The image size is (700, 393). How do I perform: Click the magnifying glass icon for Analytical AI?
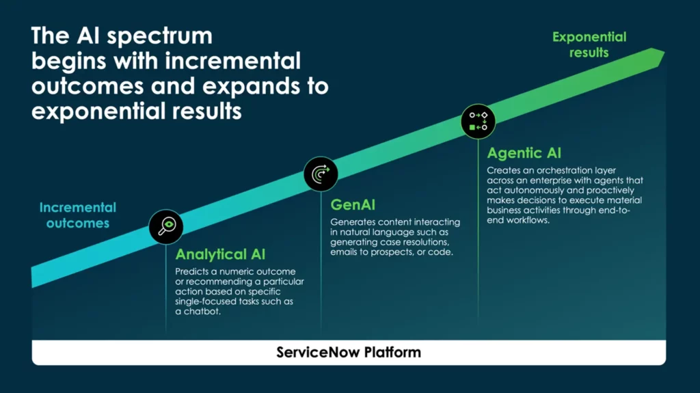(x=166, y=226)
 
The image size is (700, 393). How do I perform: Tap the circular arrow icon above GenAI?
(x=321, y=174)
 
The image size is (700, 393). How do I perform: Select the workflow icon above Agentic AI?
(x=478, y=121)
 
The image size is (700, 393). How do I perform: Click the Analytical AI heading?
(x=220, y=254)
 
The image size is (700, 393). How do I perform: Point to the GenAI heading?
(x=353, y=205)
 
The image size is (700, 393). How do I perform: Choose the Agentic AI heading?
(x=524, y=153)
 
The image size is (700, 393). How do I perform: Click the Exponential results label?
(x=589, y=44)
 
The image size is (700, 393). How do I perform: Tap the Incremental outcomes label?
(x=78, y=215)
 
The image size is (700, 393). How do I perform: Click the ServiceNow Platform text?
(x=349, y=353)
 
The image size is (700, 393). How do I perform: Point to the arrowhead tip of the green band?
(x=664, y=53)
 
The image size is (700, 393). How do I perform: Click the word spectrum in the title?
(x=159, y=36)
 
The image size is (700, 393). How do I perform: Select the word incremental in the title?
(x=232, y=61)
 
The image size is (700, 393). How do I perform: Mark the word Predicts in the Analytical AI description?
(x=191, y=271)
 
